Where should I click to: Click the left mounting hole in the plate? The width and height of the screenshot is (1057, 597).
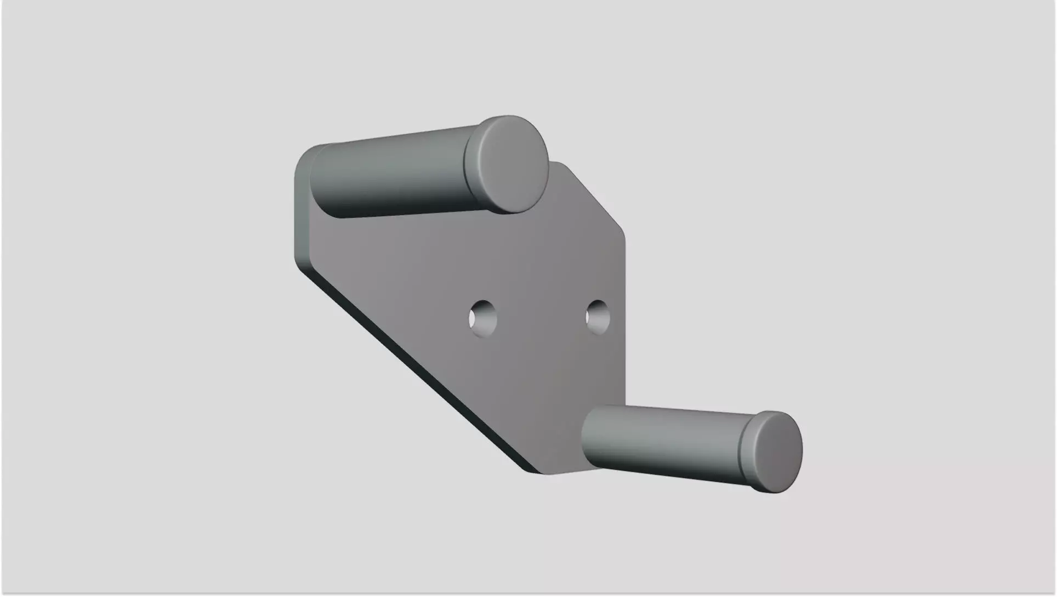pyautogui.click(x=482, y=319)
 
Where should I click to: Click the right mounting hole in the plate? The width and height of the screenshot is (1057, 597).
pyautogui.click(x=598, y=317)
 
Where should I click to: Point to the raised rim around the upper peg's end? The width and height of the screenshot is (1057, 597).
pyautogui.click(x=471, y=165)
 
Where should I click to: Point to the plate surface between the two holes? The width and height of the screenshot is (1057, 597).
pyautogui.click(x=540, y=318)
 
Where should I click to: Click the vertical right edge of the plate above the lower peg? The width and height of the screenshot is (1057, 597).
pyautogui.click(x=624, y=329)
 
